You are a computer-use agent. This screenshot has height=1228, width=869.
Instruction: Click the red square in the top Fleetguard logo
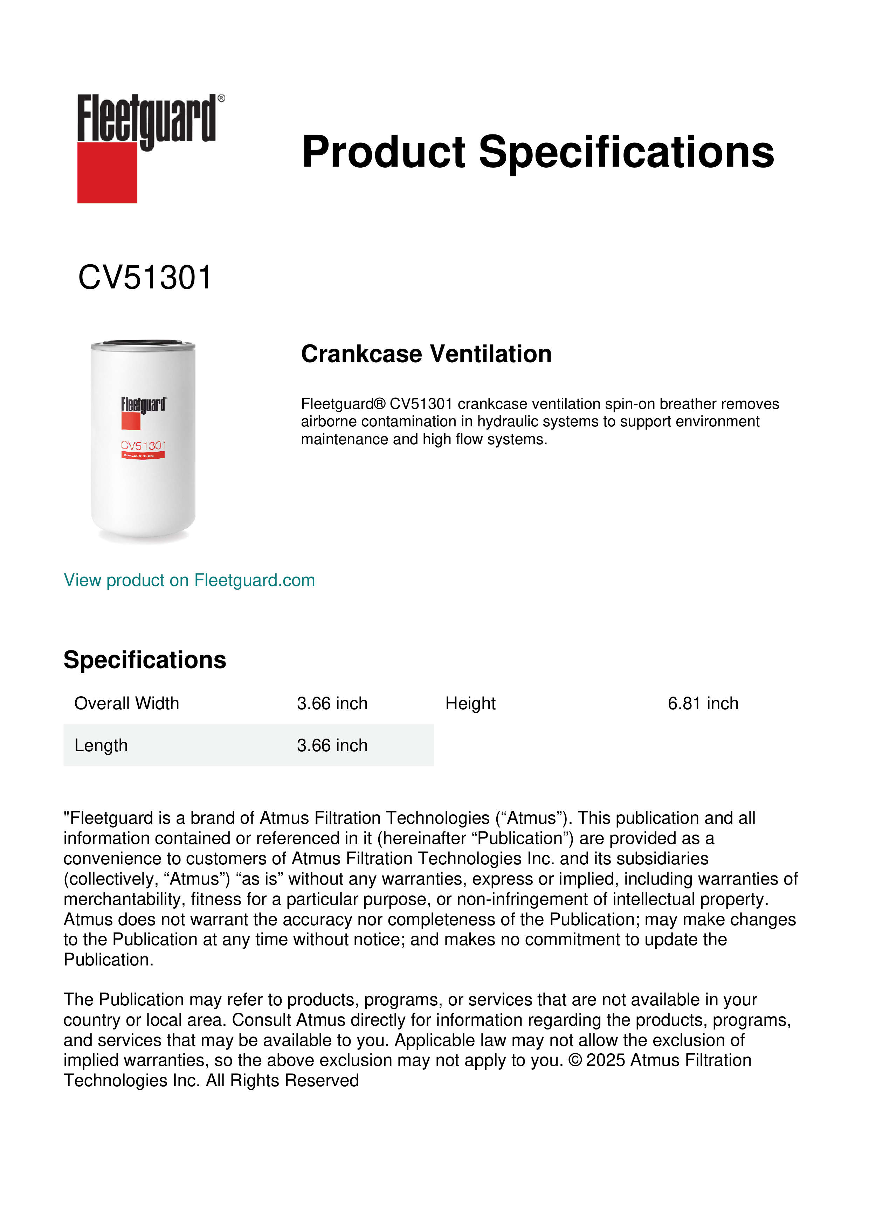(107, 172)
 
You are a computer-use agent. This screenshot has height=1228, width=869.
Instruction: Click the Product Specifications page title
(537, 152)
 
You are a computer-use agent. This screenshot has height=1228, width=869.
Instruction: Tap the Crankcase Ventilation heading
(426, 354)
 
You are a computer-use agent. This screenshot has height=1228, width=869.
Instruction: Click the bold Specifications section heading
(144, 660)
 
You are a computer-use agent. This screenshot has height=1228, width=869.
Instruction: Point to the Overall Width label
(126, 703)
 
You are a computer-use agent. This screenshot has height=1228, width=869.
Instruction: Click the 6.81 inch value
(703, 703)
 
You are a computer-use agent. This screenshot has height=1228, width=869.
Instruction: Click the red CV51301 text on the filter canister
(143, 446)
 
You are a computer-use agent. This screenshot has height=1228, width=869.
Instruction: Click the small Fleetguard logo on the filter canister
(143, 405)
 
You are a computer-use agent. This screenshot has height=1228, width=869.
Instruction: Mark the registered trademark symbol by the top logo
(221, 98)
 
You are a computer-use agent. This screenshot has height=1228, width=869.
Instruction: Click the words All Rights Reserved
(283, 1080)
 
